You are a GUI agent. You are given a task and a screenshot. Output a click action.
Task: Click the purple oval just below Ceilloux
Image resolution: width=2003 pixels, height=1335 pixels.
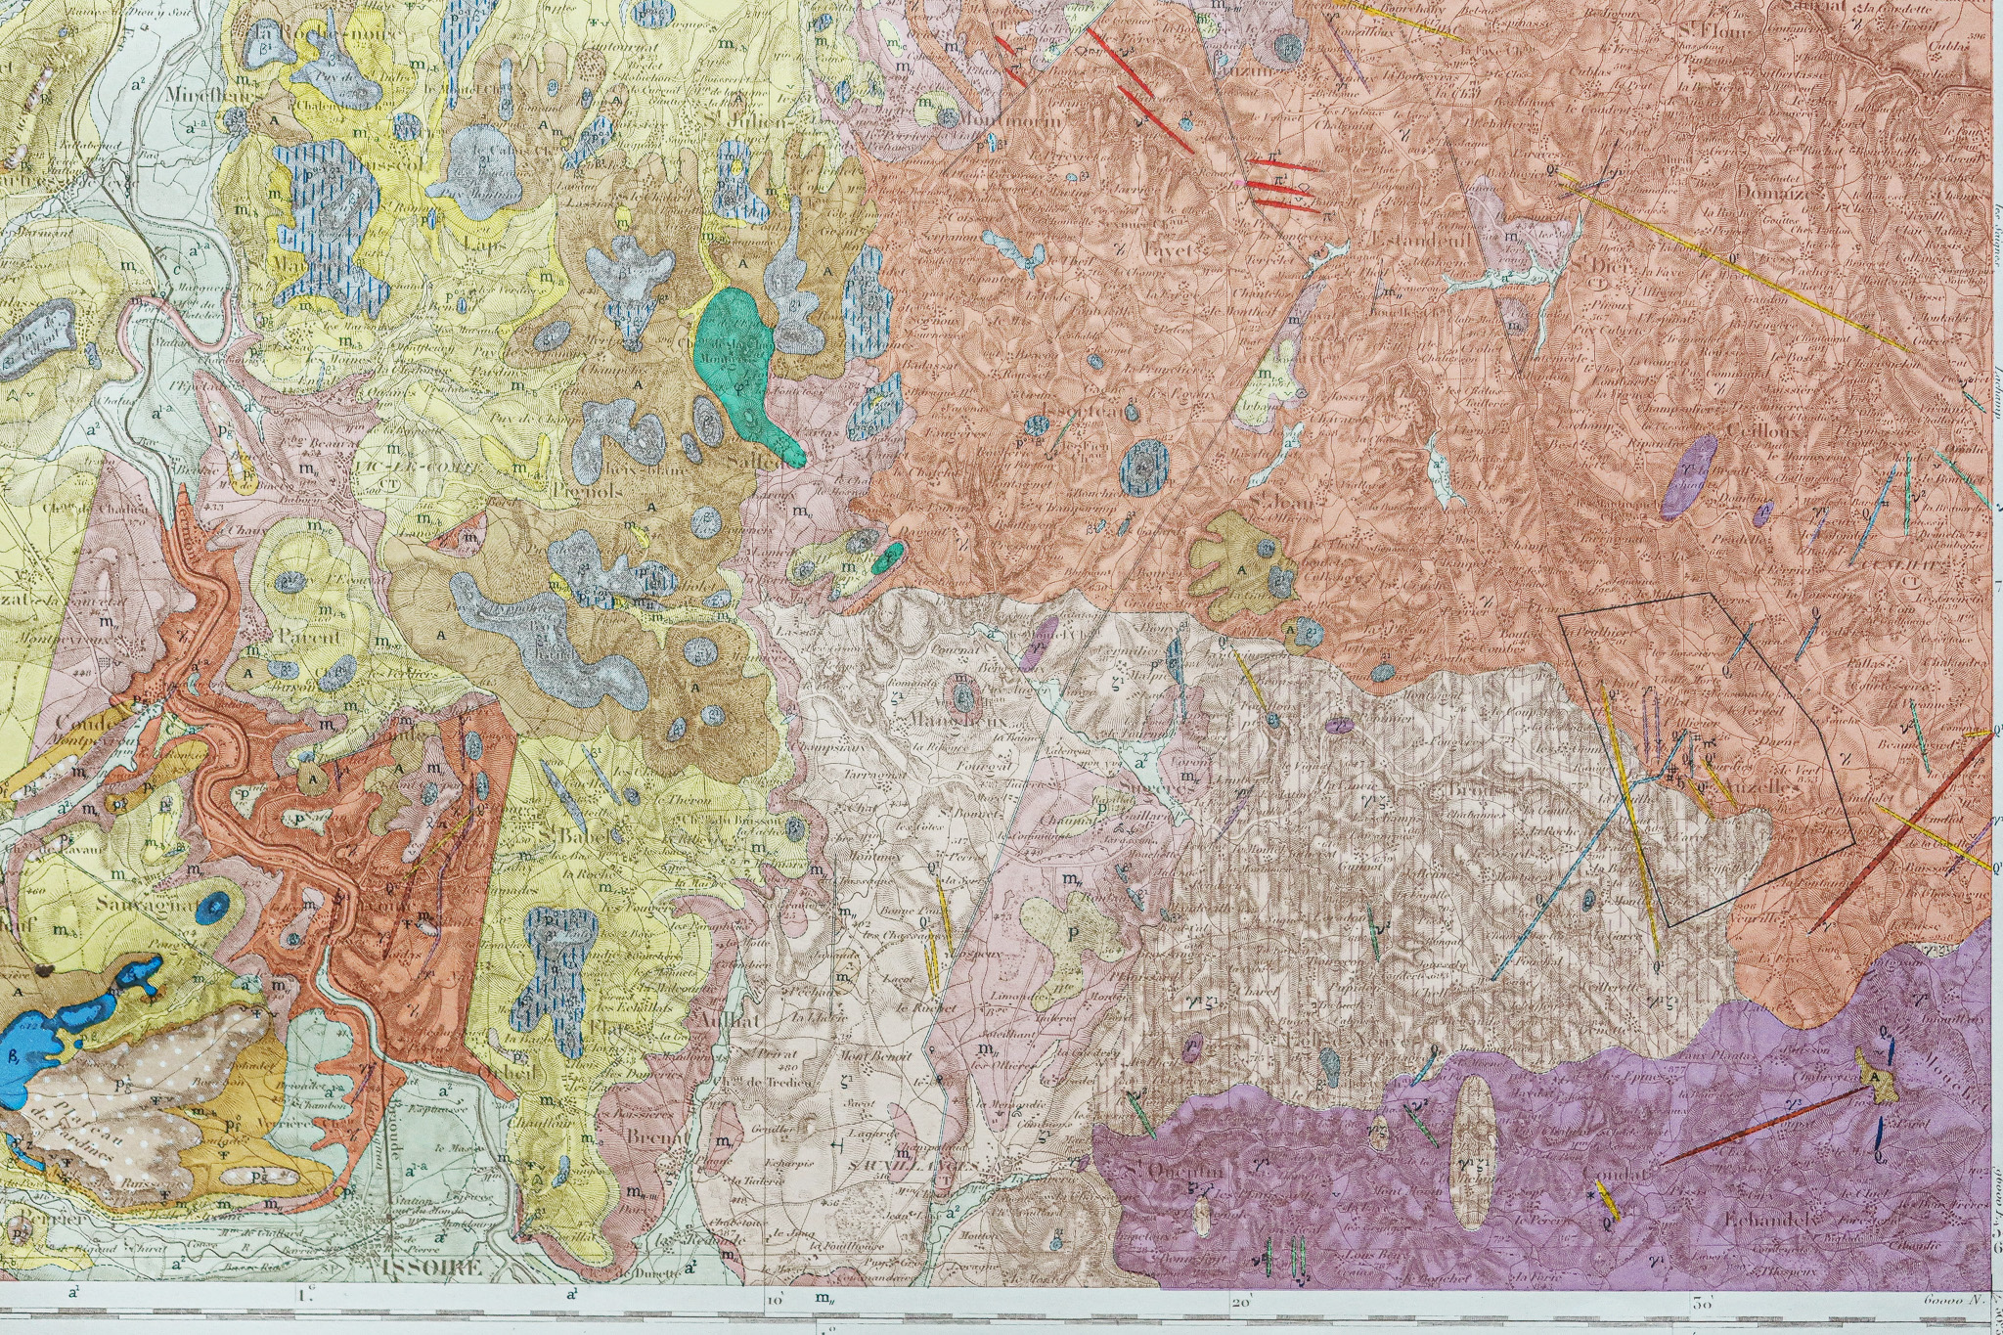1688,475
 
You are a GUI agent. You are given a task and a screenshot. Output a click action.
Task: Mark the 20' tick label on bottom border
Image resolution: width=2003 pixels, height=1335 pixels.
1242,1303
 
